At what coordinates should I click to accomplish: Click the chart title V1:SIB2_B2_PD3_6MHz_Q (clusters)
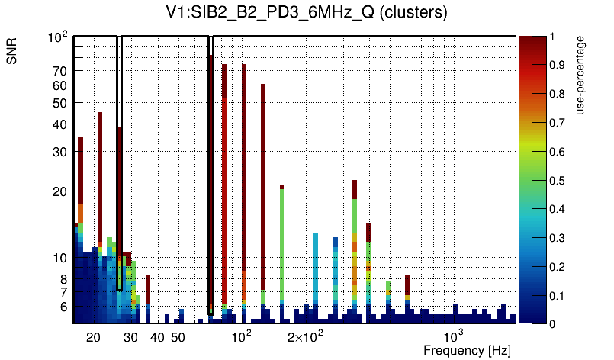(307, 13)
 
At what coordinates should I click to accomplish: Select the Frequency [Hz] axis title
(467, 350)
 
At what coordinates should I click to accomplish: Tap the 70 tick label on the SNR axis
(60, 71)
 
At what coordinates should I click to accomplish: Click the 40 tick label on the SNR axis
(60, 124)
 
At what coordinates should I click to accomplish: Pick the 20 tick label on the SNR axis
(60, 191)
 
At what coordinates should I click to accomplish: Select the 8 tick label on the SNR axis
(64, 279)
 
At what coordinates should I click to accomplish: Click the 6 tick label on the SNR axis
(64, 307)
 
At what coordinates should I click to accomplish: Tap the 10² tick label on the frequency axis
(242, 336)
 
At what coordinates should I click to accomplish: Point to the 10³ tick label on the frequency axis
(454, 336)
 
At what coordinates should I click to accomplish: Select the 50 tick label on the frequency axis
(177, 337)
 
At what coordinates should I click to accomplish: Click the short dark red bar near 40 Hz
(148, 290)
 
